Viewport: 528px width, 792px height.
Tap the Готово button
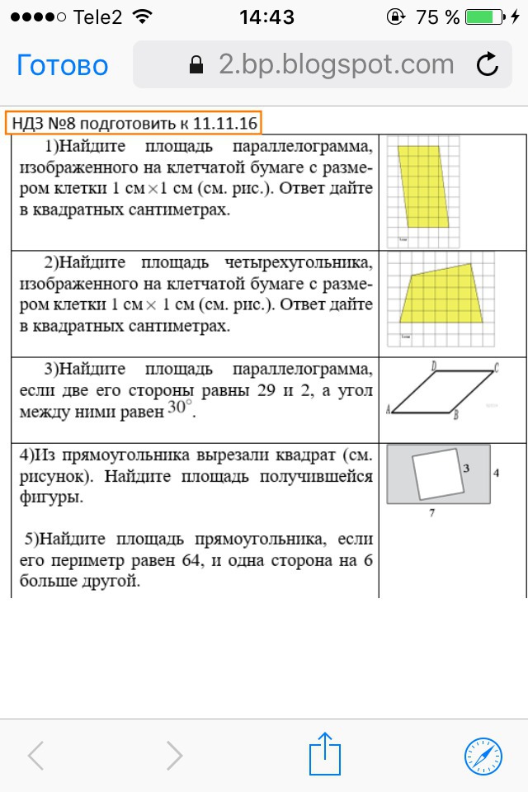(63, 65)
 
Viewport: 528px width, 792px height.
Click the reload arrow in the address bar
(488, 64)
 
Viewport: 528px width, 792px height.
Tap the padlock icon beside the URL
(196, 65)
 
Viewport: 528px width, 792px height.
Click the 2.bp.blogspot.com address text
(337, 64)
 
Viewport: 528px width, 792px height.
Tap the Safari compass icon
(483, 754)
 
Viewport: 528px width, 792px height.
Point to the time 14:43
(266, 17)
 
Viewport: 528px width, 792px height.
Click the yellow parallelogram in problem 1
(425, 186)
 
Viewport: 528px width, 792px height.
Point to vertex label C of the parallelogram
(497, 366)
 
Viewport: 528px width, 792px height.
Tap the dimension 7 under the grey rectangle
(432, 513)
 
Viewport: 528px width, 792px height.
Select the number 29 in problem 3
(285, 391)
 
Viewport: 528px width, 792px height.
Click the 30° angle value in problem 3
(179, 410)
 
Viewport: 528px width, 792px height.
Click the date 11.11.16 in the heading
(225, 125)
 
